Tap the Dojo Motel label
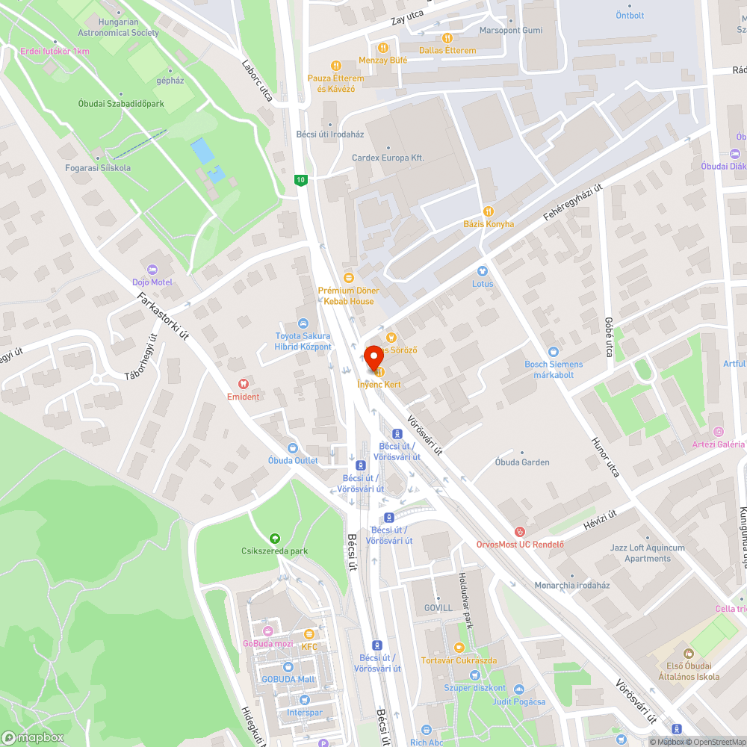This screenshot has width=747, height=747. [x=152, y=282]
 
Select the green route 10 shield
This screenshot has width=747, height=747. [x=300, y=180]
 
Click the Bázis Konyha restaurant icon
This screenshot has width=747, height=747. [x=489, y=211]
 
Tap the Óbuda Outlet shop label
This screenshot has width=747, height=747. [x=293, y=460]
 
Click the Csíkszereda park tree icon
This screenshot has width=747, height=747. [x=275, y=538]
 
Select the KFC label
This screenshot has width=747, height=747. [x=309, y=646]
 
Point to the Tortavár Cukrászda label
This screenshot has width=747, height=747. [x=459, y=660]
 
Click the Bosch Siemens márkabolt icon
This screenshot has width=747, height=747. [x=553, y=369]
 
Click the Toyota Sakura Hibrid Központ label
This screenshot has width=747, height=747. [x=303, y=341]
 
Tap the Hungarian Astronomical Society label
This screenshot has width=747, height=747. [x=119, y=28]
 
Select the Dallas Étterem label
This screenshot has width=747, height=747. [x=447, y=50]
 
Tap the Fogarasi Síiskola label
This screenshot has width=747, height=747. [x=97, y=168]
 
